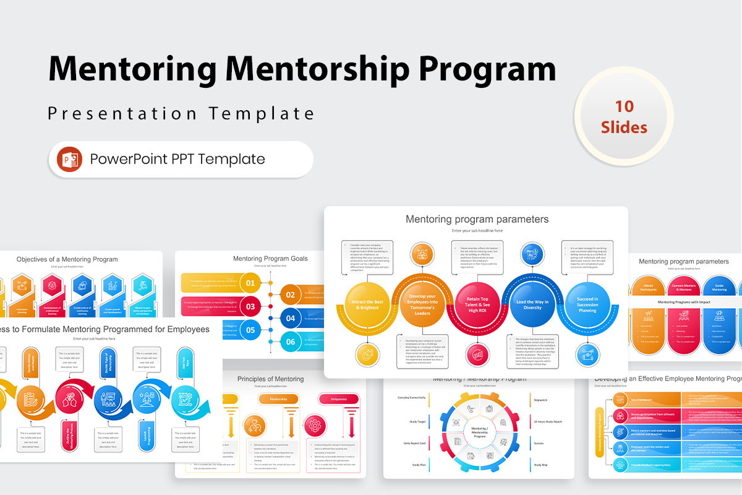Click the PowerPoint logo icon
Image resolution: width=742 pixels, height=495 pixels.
[69, 159]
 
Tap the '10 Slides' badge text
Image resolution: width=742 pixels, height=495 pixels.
[624, 117]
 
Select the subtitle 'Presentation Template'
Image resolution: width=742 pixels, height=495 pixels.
[181, 114]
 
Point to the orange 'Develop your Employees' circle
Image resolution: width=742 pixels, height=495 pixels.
[422, 304]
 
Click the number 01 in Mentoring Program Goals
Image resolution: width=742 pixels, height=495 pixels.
[250, 284]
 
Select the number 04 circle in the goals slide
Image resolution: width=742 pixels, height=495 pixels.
[291, 319]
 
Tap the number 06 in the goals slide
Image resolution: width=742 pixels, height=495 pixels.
[291, 342]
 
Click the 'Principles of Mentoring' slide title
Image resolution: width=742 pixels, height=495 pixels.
[270, 379]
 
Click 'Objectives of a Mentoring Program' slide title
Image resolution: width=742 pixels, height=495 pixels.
[67, 259]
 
